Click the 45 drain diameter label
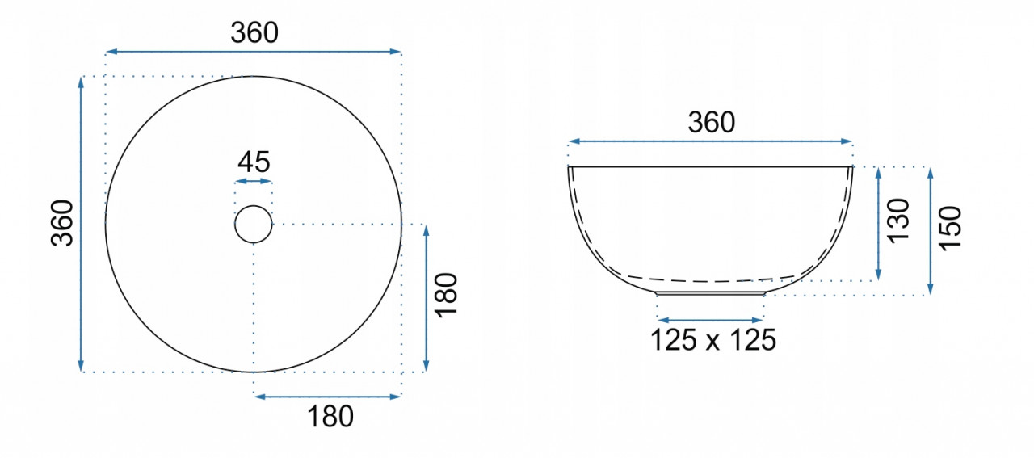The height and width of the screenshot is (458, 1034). [x=254, y=162]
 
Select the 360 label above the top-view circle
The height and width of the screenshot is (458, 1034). [x=254, y=33]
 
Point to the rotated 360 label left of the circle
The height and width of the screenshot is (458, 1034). [x=62, y=223]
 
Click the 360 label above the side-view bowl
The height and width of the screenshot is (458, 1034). [x=712, y=122]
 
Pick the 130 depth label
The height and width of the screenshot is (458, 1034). [x=897, y=221]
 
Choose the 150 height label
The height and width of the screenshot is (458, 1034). [x=950, y=229]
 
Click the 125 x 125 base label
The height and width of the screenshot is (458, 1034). [x=713, y=340]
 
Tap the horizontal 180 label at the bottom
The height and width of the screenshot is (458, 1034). [x=330, y=417]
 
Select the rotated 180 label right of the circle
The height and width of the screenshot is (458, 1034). [x=447, y=295]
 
